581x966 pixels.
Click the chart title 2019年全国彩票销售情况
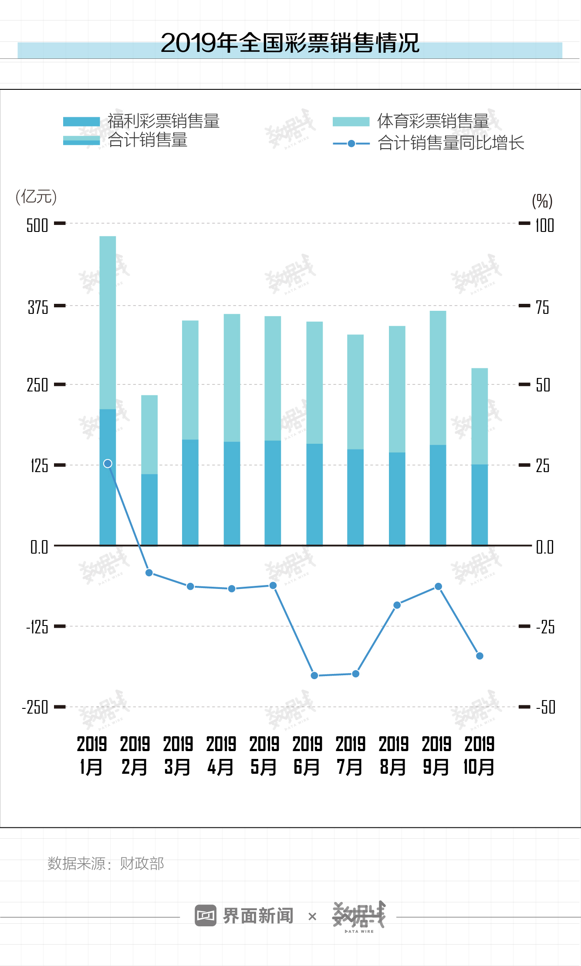tap(290, 43)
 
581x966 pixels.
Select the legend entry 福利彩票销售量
tap(163, 121)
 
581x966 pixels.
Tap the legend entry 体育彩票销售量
tap(433, 121)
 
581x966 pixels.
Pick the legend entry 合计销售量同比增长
tap(451, 143)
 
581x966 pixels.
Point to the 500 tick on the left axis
tap(37, 225)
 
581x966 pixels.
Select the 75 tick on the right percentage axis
tap(542, 307)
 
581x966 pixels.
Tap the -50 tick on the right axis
tap(546, 707)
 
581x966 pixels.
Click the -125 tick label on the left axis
tap(37, 627)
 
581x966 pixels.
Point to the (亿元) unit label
tap(36, 197)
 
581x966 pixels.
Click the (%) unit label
tap(542, 201)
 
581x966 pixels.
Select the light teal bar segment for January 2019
tap(108, 323)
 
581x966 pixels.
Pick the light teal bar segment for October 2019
tap(480, 416)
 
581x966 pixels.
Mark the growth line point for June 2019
tap(314, 676)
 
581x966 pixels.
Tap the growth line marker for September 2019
tap(439, 587)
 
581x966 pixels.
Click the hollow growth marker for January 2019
tap(108, 463)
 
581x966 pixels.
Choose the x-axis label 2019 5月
tap(263, 755)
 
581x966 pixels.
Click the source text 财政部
tap(142, 863)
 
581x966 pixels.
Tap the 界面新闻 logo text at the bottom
tap(258, 916)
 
